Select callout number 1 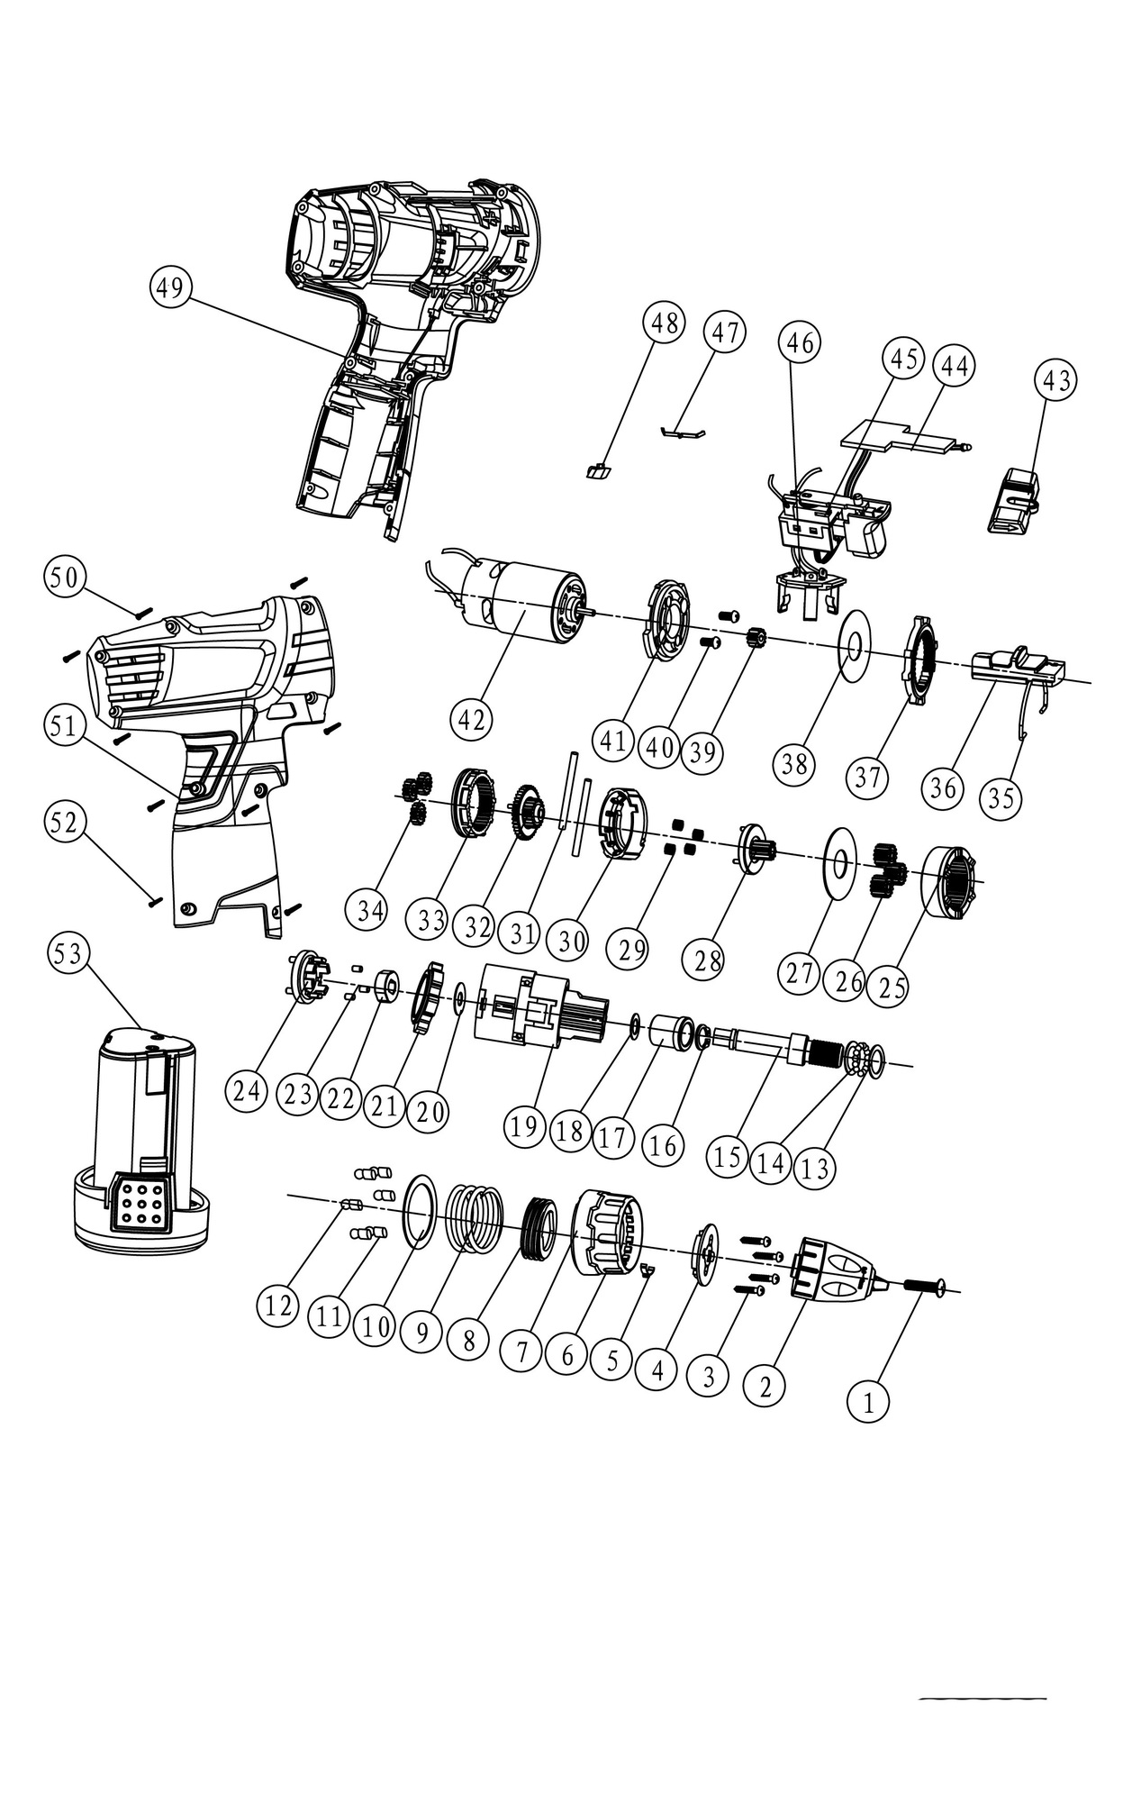pos(868,1402)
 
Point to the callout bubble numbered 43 pos(1057,380)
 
